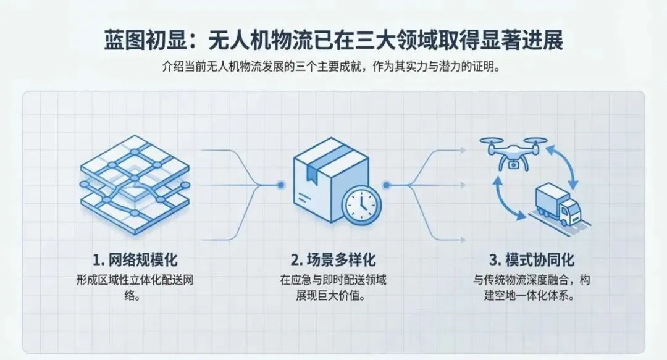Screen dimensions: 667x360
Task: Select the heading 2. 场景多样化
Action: point(333,259)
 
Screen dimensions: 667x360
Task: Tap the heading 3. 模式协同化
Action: point(533,259)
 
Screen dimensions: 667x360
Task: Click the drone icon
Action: point(513,152)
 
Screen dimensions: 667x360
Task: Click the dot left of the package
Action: point(281,184)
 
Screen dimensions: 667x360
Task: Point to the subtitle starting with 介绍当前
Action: point(333,66)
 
